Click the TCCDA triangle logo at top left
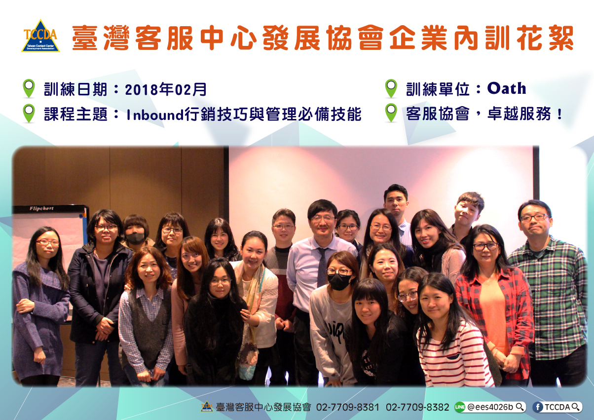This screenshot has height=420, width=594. pyautogui.click(x=40, y=36)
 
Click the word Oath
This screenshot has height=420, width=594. pyautogui.click(x=507, y=88)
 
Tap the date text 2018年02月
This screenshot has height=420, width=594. pyautogui.click(x=166, y=89)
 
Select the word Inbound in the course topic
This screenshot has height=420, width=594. pyautogui.click(x=155, y=115)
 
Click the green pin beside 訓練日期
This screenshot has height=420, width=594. pyautogui.click(x=29, y=88)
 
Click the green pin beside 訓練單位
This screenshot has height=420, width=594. pyautogui.click(x=391, y=88)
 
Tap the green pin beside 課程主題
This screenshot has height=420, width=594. pyautogui.click(x=29, y=114)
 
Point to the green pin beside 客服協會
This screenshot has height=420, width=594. pyautogui.click(x=391, y=113)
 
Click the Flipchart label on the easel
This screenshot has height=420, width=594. pyautogui.click(x=41, y=209)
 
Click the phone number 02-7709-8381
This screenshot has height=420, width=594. pyautogui.click(x=348, y=407)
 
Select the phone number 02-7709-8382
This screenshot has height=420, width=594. pyautogui.click(x=417, y=407)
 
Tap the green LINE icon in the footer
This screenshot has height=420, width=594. pyautogui.click(x=460, y=407)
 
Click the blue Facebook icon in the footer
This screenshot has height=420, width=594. pyautogui.click(x=538, y=407)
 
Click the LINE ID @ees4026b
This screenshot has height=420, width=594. pyautogui.click(x=490, y=407)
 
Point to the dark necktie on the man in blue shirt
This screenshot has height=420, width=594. pyautogui.click(x=322, y=267)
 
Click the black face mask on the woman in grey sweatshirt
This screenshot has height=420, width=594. pyautogui.click(x=339, y=282)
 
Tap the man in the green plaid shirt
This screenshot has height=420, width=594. pyautogui.click(x=549, y=292)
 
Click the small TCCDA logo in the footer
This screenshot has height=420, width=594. pyautogui.click(x=207, y=407)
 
